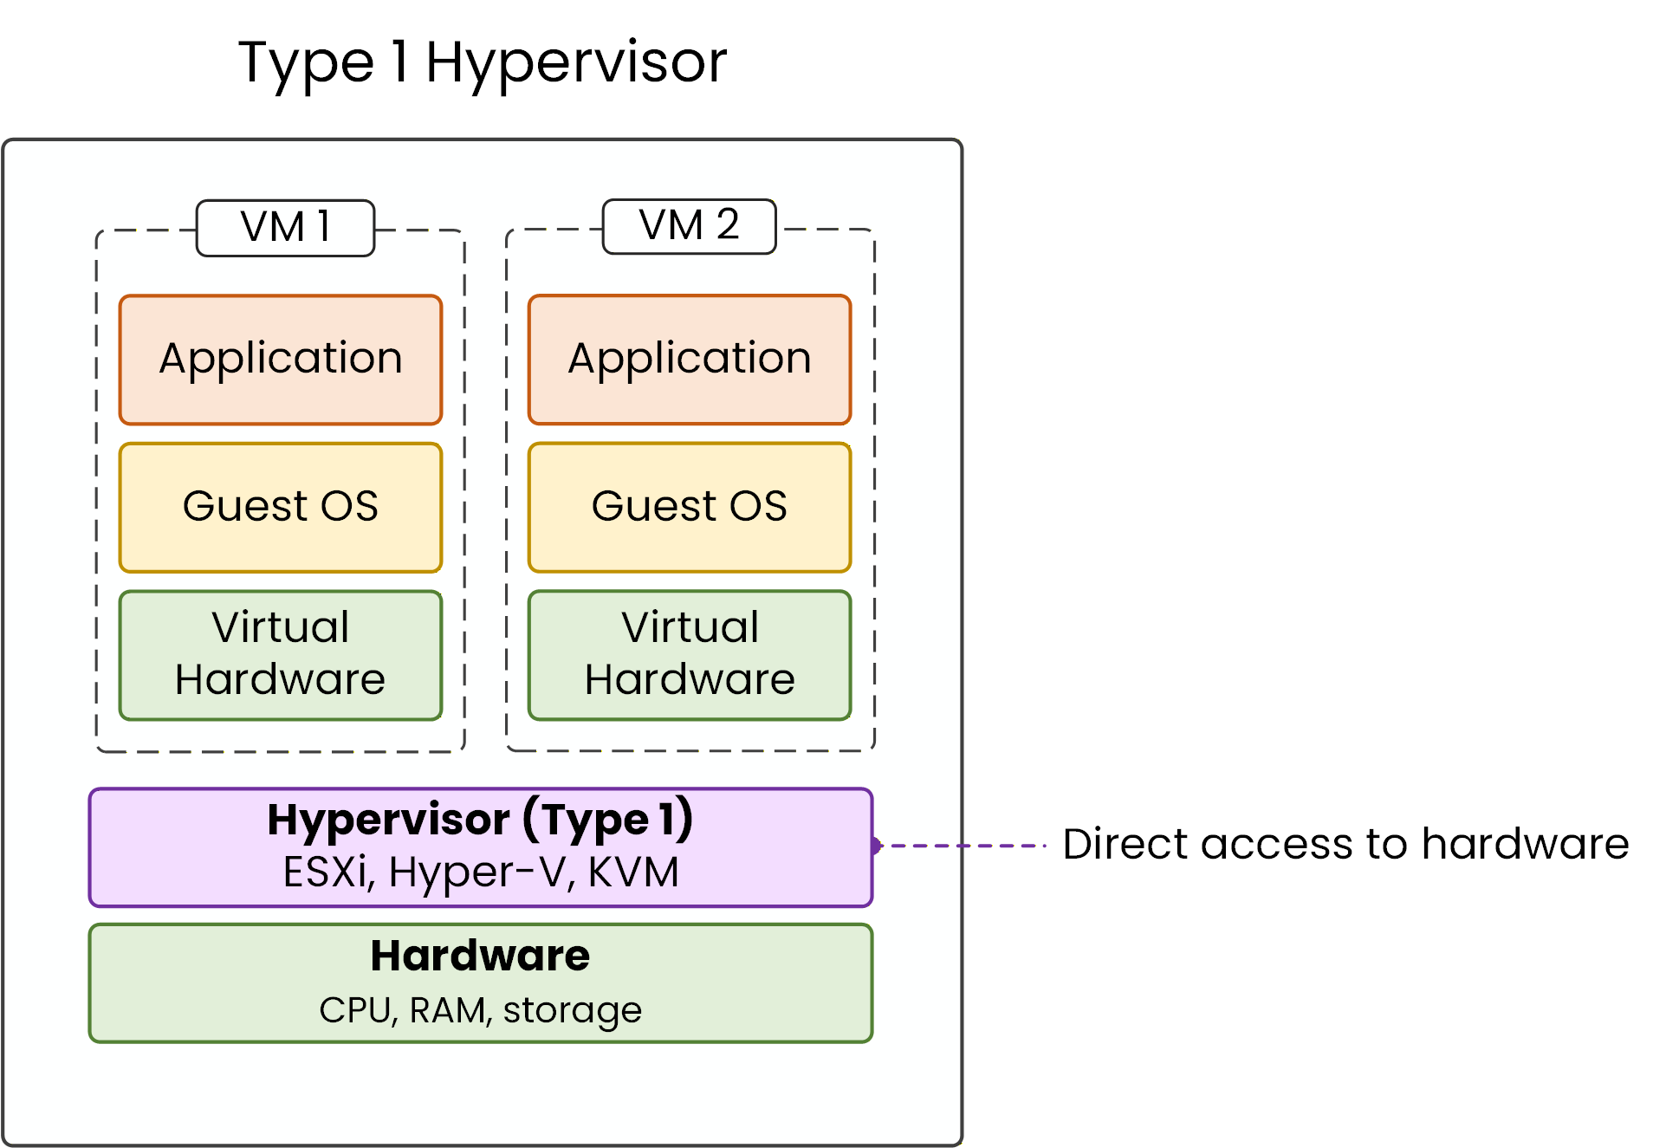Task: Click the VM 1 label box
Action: point(285,228)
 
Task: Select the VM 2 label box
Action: point(689,226)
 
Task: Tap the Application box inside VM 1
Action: point(281,360)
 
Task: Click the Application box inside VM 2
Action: point(690,360)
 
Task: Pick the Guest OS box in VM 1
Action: point(281,507)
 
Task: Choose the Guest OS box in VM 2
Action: point(690,507)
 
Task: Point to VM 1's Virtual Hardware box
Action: point(281,655)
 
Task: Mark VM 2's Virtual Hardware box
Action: point(690,655)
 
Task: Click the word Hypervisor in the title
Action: point(575,63)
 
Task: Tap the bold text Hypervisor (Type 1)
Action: point(480,820)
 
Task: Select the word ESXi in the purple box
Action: point(327,872)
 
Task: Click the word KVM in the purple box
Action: point(633,872)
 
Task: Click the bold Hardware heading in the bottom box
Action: point(480,957)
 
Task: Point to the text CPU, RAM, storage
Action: point(480,1010)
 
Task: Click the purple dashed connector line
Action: point(962,845)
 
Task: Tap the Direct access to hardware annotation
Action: point(1345,845)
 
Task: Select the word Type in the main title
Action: point(306,63)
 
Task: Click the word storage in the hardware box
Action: point(572,1010)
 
